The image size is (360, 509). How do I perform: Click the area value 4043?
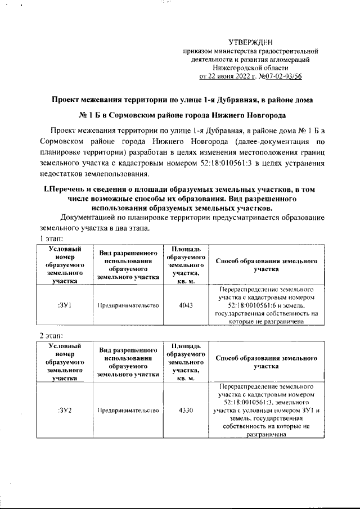coord(185,305)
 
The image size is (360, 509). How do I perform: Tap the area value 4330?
coord(185,410)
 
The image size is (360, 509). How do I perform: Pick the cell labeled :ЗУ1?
coord(63,305)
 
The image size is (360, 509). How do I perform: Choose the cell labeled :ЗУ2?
coord(63,410)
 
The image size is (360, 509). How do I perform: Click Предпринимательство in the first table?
coord(128,305)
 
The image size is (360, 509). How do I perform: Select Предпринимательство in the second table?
coord(128,410)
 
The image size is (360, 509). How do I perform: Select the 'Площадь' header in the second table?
coord(185,346)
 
